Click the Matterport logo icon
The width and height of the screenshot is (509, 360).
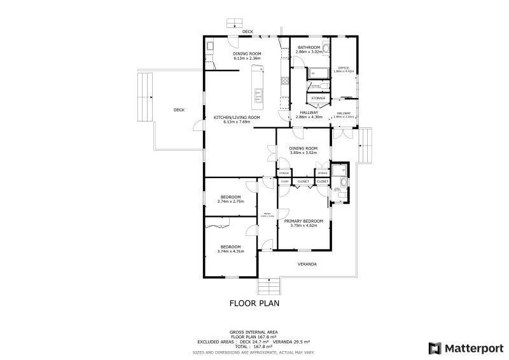point(436,348)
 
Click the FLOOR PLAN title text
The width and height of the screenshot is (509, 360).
point(254,303)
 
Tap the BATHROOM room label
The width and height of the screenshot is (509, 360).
point(308,47)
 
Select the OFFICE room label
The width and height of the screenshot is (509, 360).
point(344,68)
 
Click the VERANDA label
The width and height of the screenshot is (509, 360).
point(307,264)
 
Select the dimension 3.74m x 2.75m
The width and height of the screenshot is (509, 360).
point(230,201)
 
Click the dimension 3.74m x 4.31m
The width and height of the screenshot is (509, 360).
point(230,251)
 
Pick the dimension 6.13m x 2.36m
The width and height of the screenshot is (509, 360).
point(247,58)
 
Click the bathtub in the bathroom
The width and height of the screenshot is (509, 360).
point(316,73)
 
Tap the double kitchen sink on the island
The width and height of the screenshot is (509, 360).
point(258,96)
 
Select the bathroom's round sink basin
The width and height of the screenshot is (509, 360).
point(326,49)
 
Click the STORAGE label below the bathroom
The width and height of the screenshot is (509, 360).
point(319,98)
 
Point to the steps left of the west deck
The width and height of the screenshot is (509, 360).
point(146,96)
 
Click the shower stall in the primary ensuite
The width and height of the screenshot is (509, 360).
point(340,170)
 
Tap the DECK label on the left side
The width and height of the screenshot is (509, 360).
point(179,110)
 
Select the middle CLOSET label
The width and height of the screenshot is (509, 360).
point(303,181)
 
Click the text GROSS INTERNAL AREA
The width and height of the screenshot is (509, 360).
point(254,332)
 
